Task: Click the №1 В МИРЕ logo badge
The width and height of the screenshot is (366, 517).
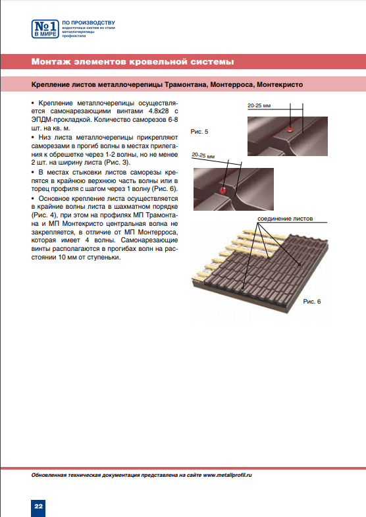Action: click(x=45, y=29)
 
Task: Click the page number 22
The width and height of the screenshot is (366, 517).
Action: click(x=39, y=506)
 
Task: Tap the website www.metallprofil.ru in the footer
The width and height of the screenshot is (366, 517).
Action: click(x=227, y=475)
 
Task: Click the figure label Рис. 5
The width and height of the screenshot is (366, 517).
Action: click(x=199, y=132)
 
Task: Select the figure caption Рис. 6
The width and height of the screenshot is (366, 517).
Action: click(x=311, y=302)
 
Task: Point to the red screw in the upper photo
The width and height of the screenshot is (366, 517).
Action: click(x=290, y=129)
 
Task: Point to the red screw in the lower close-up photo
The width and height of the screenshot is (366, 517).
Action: click(x=223, y=190)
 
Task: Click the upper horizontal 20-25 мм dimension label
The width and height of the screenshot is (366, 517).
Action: click(x=259, y=106)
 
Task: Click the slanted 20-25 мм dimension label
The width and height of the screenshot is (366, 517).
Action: click(x=203, y=155)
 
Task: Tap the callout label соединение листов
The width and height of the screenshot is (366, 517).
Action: click(x=285, y=219)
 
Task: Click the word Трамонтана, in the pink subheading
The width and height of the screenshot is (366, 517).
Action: click(x=186, y=85)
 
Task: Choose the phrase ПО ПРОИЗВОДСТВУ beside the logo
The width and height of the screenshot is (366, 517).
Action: click(x=89, y=23)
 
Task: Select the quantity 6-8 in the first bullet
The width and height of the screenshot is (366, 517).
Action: click(x=173, y=120)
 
